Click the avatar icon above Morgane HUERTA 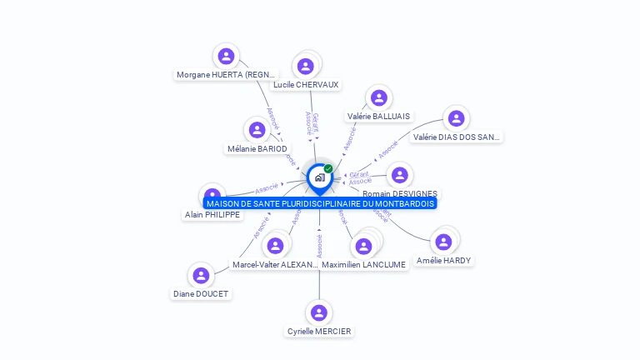tap(226, 57)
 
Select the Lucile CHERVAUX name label tap(306, 84)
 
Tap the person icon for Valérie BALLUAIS tap(379, 98)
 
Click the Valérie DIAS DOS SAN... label tap(456, 137)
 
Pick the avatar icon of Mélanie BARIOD tap(257, 130)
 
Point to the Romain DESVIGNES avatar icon tap(400, 175)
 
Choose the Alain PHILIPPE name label tap(212, 214)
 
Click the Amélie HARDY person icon tap(443, 242)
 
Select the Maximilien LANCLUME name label tap(364, 264)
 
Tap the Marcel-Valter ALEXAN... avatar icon tap(275, 246)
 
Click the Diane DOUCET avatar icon tap(201, 275)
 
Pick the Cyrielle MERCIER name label tap(319, 331)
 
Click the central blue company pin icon tap(319, 177)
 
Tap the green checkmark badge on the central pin tap(328, 168)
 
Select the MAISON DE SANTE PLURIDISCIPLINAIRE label tap(320, 203)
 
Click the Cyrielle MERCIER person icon tap(318, 312)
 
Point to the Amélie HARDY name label tap(444, 260)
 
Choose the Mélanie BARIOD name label tap(257, 148)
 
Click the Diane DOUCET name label tap(201, 293)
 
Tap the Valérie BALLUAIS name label tap(379, 117)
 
